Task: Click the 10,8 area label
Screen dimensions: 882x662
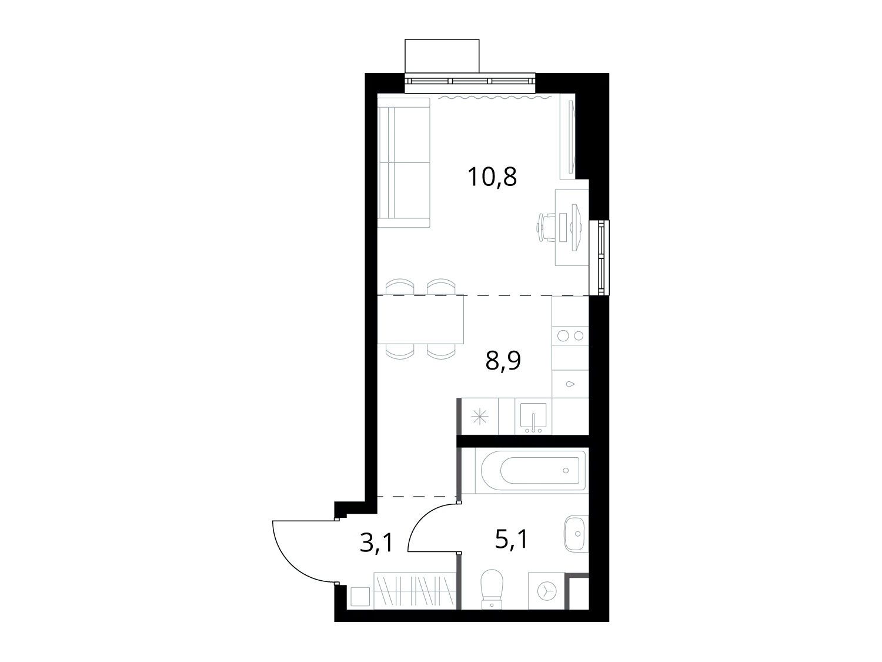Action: click(x=492, y=177)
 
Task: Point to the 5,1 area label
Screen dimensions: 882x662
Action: click(x=511, y=539)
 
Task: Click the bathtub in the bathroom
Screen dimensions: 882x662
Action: click(x=531, y=470)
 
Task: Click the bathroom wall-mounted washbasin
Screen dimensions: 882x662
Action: click(x=576, y=533)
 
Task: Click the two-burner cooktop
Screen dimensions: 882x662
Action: click(x=570, y=335)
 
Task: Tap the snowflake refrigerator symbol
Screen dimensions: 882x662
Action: click(x=480, y=417)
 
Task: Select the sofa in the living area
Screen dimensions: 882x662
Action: click(x=405, y=163)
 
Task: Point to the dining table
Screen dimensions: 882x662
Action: click(x=420, y=320)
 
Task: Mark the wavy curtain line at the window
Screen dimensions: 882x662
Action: click(x=495, y=97)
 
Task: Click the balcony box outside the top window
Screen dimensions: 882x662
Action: click(x=442, y=56)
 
